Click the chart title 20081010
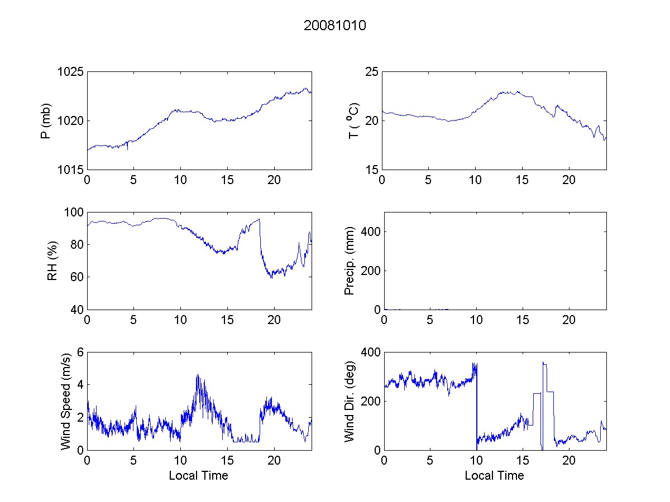click(334, 26)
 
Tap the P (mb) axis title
click(47, 120)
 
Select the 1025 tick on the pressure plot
click(70, 72)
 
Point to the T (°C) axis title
click(353, 120)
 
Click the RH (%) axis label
click(52, 261)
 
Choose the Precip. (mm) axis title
click(350, 261)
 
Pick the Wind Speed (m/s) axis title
click(66, 401)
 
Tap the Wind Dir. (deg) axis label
click(350, 401)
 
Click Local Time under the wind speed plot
click(198, 476)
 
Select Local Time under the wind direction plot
click(494, 476)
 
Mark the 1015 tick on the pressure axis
click(70, 170)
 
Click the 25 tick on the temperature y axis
click(371, 72)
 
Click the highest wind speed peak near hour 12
click(197, 375)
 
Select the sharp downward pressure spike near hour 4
click(128, 148)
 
